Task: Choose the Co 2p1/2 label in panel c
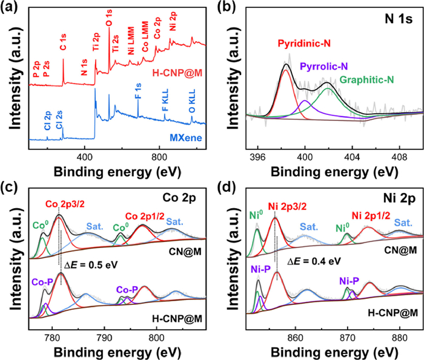coord(142,216)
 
